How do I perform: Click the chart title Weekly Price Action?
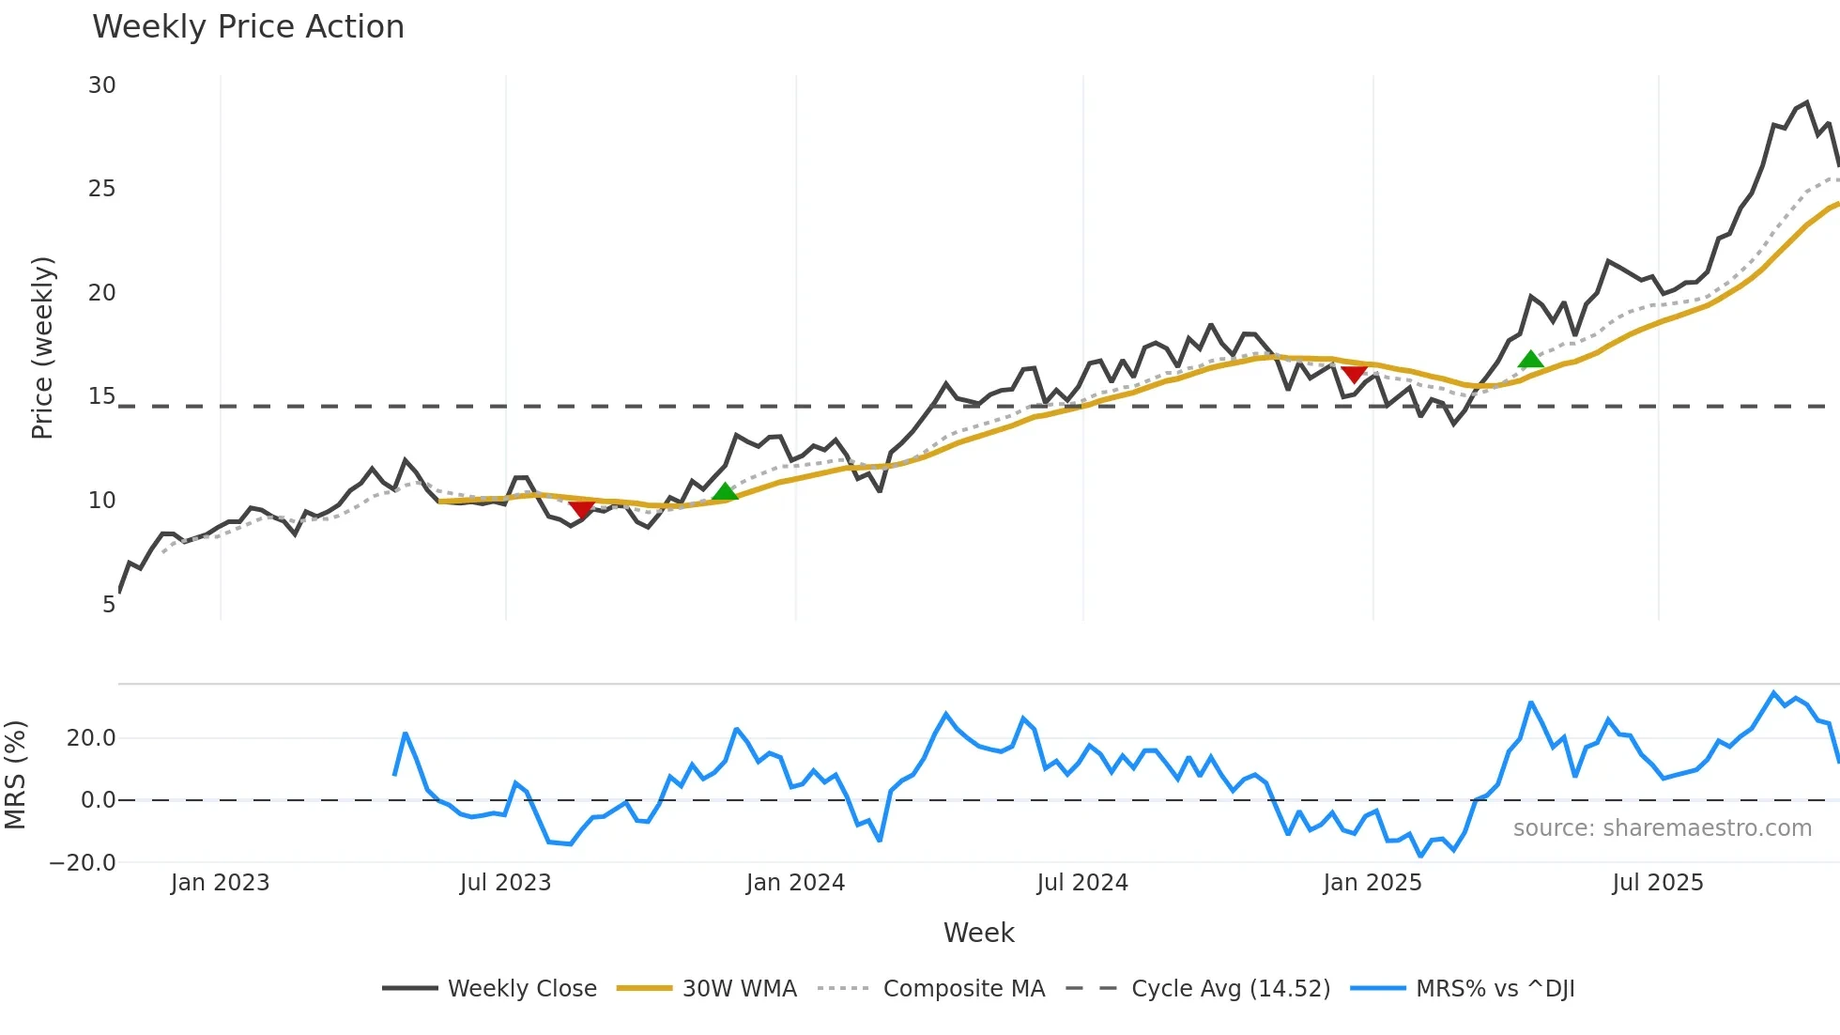(248, 27)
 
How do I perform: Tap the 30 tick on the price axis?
(102, 85)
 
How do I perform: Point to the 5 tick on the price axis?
(109, 605)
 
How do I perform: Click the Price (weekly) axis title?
(42, 348)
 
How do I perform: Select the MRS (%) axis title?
(15, 775)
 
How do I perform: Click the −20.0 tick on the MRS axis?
(83, 863)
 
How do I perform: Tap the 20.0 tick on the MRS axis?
(91, 738)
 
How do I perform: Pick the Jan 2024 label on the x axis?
(795, 883)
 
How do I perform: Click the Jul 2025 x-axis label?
(1657, 883)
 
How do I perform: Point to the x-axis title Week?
(978, 933)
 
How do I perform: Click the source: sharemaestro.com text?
(1662, 828)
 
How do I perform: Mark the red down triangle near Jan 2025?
(1353, 374)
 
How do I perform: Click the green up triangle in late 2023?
(725, 491)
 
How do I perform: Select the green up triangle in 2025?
(1530, 359)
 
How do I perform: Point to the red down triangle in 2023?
(581, 509)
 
